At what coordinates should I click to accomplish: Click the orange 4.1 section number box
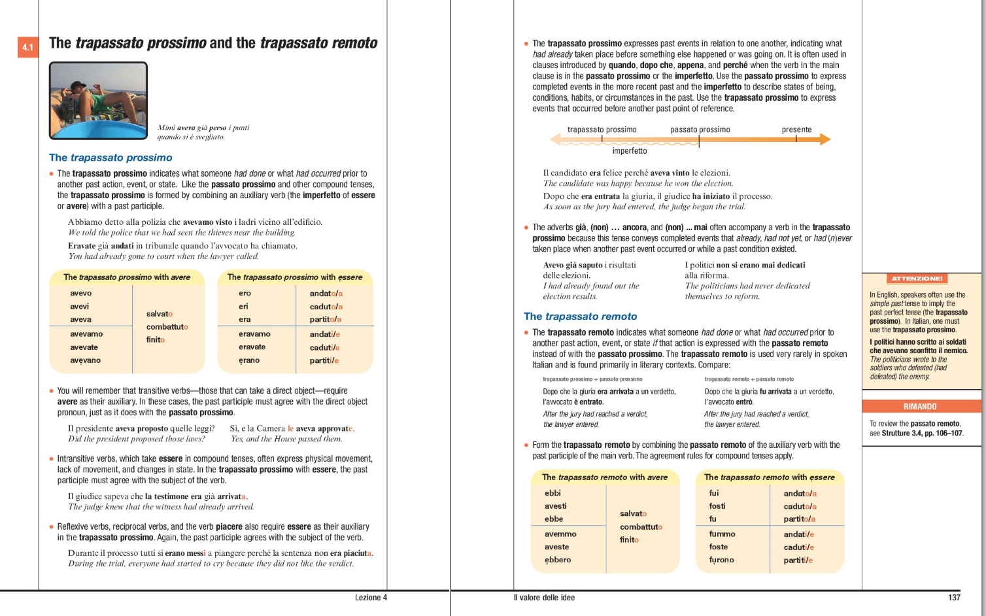coord(27,47)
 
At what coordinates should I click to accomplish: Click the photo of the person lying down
coord(98,100)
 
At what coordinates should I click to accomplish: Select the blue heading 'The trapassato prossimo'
coord(110,158)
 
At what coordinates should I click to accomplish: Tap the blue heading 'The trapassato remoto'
coord(580,317)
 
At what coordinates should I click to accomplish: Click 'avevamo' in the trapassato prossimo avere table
coord(86,334)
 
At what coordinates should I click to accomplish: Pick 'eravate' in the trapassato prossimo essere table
coord(252,347)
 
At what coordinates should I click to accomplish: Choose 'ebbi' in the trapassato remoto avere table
coord(552,493)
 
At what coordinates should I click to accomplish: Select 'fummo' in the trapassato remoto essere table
coord(722,534)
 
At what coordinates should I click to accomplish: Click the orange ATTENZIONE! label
coord(917,279)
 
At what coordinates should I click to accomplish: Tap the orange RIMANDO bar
coord(920,406)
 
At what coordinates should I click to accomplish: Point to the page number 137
coord(954,598)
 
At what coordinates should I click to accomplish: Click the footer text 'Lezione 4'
coord(371,598)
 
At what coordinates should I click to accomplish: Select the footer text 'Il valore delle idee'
coord(544,598)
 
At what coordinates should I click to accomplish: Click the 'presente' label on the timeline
coord(796,129)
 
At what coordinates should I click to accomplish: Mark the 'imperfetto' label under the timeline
coord(629,151)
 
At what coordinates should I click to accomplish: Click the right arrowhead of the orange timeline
coord(824,139)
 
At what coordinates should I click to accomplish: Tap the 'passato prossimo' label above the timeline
coord(700,129)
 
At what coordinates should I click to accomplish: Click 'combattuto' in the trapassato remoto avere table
coord(641,527)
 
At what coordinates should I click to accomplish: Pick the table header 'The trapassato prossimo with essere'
coord(295,277)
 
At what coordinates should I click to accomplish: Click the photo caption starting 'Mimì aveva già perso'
coord(203,132)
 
